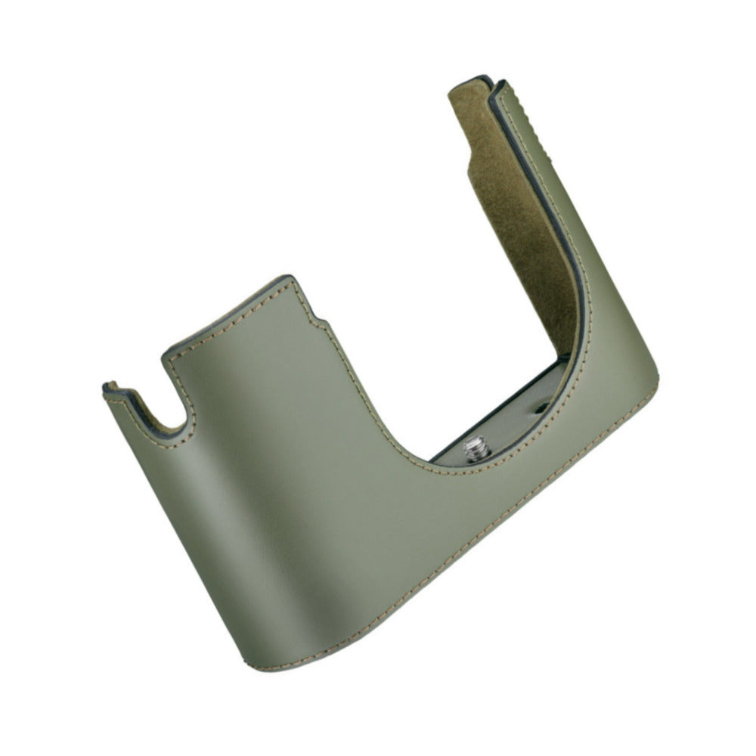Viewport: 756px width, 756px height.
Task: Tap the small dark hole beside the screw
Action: tap(539, 409)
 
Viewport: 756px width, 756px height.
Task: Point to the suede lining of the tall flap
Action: tap(522, 227)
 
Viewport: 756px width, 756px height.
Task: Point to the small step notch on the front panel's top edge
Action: tap(314, 314)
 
